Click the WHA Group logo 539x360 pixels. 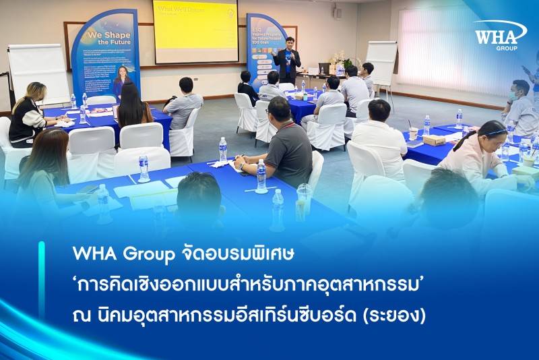499,34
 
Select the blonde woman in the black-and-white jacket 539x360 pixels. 28,115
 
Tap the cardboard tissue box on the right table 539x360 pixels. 434,140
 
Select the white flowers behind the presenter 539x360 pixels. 338,59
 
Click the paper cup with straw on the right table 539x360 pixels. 413,132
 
